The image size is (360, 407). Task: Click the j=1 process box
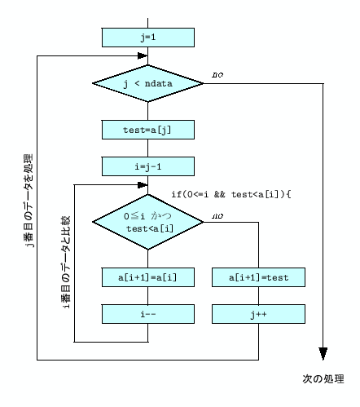147,38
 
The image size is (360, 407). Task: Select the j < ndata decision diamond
147,82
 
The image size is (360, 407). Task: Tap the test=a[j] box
147,130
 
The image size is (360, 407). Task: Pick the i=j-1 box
147,166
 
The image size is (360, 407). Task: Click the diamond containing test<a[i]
147,221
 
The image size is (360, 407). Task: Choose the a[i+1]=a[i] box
147,277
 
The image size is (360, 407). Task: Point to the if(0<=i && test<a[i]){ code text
230,194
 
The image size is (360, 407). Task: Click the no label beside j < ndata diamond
217,75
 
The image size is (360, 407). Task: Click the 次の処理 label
323,379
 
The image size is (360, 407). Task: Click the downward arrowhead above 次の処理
323,354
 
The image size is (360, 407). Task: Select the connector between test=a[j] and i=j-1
147,148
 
